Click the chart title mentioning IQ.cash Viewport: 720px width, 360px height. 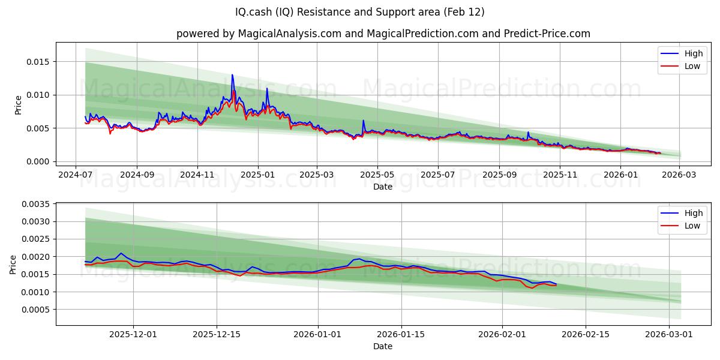point(360,12)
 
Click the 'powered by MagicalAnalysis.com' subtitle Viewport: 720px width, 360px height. point(383,34)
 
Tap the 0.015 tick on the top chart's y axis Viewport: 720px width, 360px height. point(37,62)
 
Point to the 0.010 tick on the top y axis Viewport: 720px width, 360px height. point(37,95)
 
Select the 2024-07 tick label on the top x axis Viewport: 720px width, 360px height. point(75,175)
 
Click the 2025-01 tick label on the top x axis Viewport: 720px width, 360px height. point(258,175)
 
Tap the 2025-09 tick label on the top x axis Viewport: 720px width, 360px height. point(499,175)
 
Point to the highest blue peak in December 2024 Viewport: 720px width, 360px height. point(232,75)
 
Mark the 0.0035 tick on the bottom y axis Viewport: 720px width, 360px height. point(35,204)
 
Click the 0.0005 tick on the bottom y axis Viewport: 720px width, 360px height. point(35,310)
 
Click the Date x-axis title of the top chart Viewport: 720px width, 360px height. point(383,187)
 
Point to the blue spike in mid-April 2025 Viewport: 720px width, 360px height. point(363,121)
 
